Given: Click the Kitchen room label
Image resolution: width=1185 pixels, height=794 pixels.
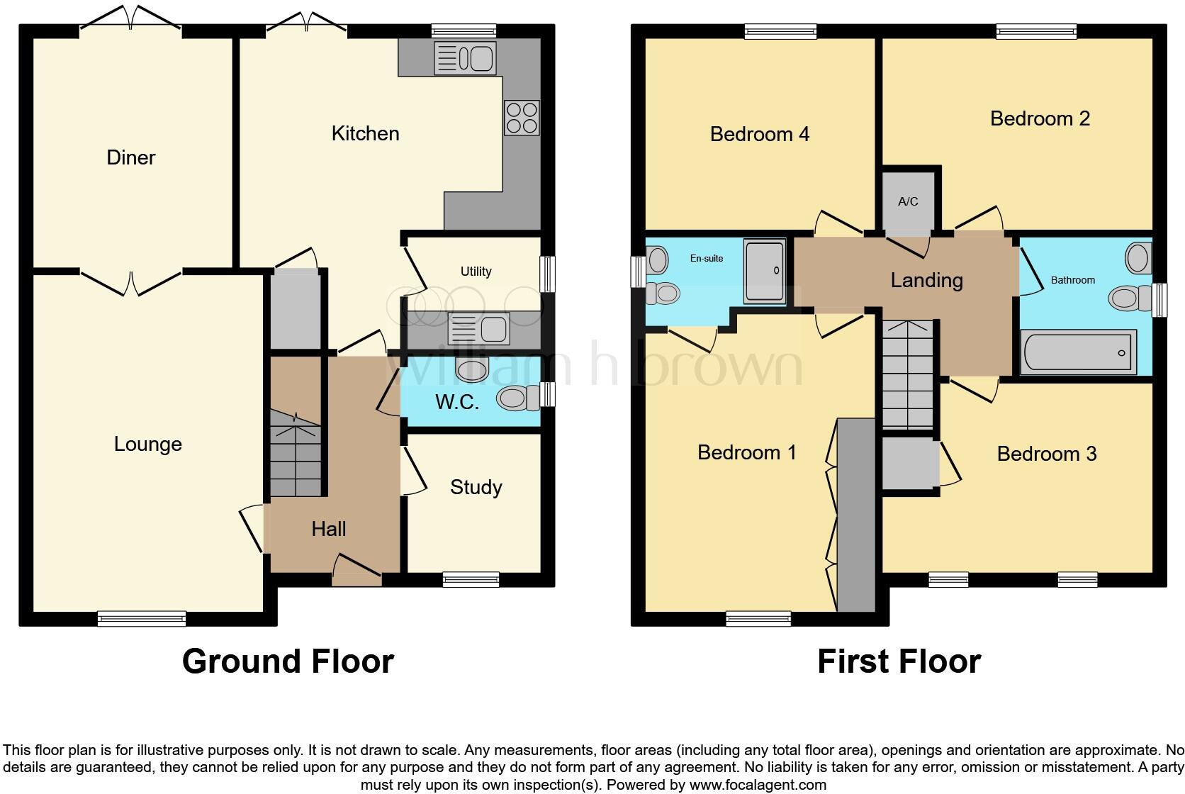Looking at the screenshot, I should tap(365, 133).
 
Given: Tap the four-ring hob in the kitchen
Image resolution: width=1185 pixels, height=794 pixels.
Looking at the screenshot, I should tap(522, 118).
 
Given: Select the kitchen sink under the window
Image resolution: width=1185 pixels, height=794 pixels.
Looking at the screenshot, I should tap(465, 58).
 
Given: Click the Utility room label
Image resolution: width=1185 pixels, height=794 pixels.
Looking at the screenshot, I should tap(476, 272).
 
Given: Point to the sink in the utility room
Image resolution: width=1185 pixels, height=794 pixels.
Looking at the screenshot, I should tap(478, 329).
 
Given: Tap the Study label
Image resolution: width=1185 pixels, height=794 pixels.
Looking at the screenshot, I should tap(476, 487).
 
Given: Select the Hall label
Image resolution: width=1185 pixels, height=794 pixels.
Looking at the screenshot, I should tap(329, 529).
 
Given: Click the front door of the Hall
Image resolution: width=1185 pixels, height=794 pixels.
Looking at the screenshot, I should tap(357, 571).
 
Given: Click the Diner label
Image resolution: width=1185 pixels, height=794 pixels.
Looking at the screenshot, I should tap(131, 157).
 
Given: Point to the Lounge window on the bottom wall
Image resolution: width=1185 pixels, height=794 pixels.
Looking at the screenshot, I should tap(142, 619).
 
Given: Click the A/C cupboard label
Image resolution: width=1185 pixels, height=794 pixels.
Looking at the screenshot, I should tap(908, 201).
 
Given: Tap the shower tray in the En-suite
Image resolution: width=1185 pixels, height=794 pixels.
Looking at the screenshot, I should tap(764, 270).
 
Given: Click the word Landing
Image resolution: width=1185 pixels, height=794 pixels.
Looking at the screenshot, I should tap(926, 281).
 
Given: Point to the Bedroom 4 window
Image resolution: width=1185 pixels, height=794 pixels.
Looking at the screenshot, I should tap(780, 31).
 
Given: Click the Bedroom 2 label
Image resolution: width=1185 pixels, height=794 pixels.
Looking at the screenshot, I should tap(1040, 118).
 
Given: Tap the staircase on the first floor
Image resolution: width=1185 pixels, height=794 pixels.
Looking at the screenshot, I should tap(907, 376).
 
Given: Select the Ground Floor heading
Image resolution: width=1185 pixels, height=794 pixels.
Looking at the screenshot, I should tap(288, 661).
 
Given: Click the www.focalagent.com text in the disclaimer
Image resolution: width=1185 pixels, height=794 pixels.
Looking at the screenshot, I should tap(757, 785).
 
